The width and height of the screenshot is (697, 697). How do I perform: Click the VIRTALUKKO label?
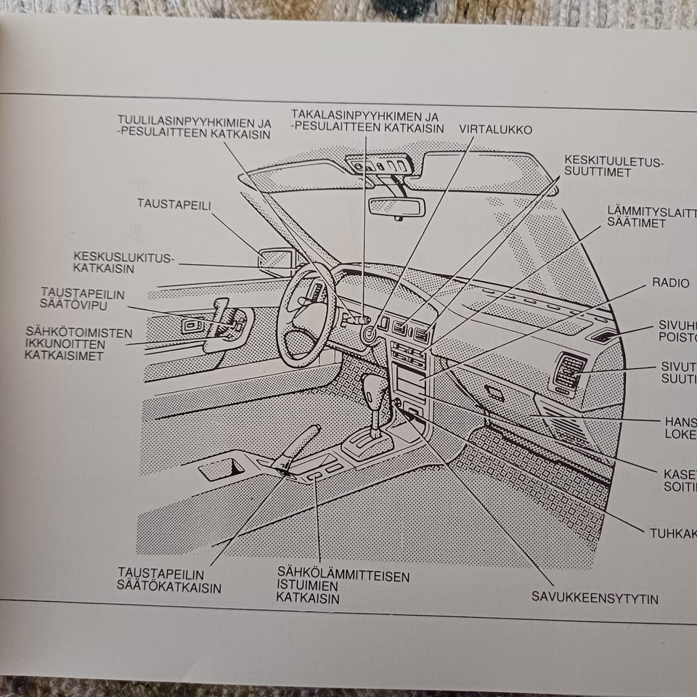click(495, 129)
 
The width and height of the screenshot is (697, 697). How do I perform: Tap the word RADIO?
click(670, 282)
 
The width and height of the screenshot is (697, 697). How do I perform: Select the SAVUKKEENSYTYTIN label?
click(595, 598)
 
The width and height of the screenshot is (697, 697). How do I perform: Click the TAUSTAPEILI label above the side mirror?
click(174, 204)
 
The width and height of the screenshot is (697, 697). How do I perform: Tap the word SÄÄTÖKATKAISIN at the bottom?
click(169, 587)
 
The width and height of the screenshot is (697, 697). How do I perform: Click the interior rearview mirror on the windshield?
click(396, 206)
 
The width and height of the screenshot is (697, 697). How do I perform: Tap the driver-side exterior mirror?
click(277, 258)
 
